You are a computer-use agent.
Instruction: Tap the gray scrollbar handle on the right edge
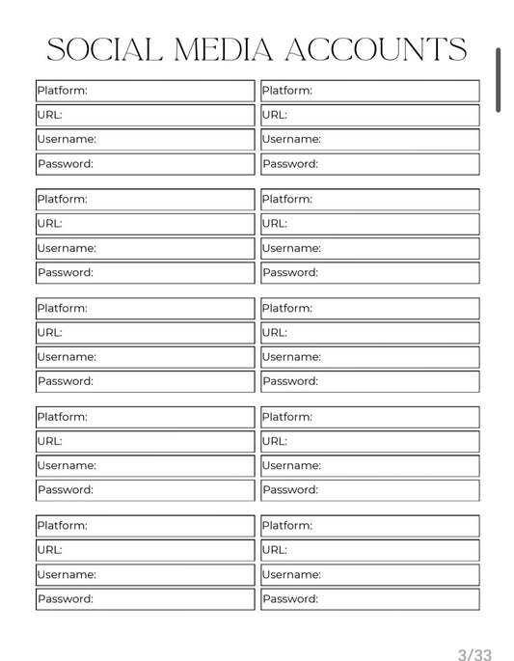[x=499, y=80]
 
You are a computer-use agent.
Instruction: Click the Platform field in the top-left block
[x=145, y=91]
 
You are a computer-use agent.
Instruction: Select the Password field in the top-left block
[x=145, y=164]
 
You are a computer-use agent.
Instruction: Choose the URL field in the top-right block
[x=369, y=115]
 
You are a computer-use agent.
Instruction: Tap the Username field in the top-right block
[x=369, y=140]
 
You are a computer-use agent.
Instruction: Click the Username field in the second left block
[x=145, y=249]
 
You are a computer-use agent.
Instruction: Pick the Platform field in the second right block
[x=369, y=200]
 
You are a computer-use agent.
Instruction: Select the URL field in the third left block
[x=145, y=333]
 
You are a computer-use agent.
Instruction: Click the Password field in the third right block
[x=369, y=381]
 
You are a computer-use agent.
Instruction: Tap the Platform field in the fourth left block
[x=145, y=418]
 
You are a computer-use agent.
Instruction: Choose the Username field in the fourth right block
[x=369, y=466]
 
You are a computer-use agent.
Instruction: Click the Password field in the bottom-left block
[x=145, y=599]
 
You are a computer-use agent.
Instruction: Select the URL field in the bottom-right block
[x=369, y=550]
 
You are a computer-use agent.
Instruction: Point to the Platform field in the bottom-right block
[x=369, y=526]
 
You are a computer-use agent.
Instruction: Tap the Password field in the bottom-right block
[x=369, y=599]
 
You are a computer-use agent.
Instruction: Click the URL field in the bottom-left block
[x=145, y=550]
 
